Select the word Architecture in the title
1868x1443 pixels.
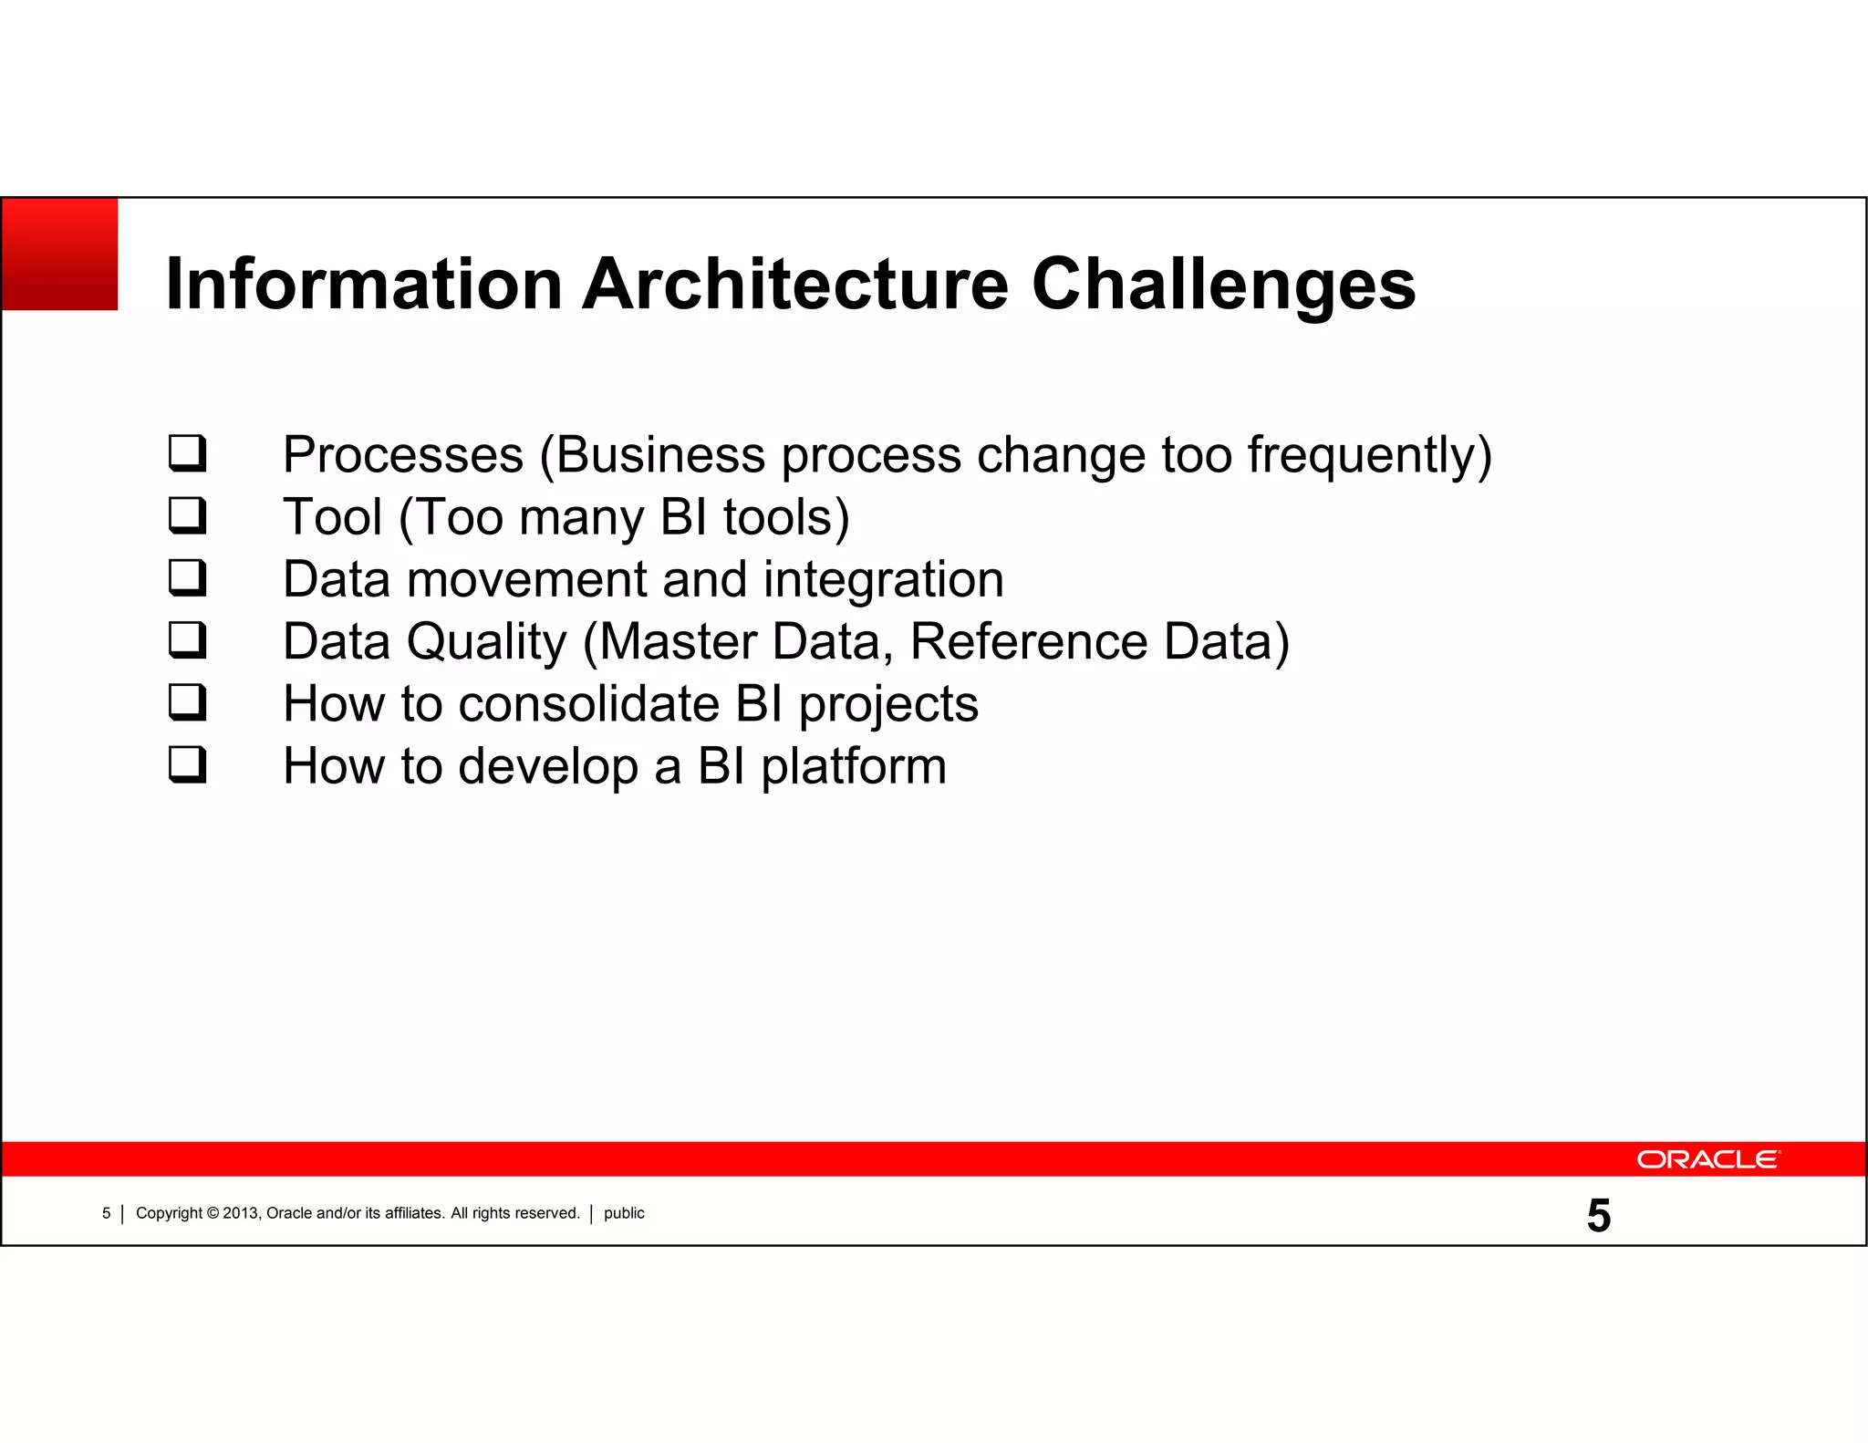point(794,284)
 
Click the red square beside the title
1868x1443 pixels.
point(60,254)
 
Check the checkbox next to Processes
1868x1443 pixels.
point(188,453)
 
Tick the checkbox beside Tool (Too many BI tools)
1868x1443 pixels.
point(188,515)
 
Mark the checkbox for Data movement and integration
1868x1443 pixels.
point(188,577)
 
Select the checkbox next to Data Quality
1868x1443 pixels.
point(188,639)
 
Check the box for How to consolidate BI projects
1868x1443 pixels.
point(188,702)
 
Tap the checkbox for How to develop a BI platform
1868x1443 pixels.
point(188,764)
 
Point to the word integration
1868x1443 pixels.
point(882,579)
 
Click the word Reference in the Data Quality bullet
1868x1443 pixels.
point(1028,641)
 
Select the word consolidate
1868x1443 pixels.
point(588,704)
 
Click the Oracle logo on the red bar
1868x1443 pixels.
point(1707,1159)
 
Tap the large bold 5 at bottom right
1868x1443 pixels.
point(1598,1216)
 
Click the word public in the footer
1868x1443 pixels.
point(624,1213)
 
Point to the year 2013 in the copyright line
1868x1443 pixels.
point(240,1213)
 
